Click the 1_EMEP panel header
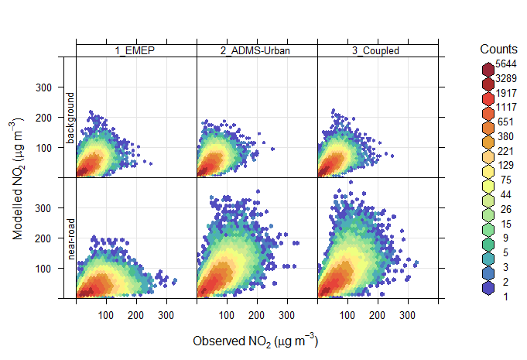[136, 51]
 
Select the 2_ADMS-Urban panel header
[257, 51]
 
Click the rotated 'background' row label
[70, 118]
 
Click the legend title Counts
[498, 49]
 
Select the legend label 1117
[506, 106]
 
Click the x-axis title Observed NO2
[255, 341]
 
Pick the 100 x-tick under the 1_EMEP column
[106, 316]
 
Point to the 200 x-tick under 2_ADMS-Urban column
[256, 316]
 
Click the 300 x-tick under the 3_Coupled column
[407, 316]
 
